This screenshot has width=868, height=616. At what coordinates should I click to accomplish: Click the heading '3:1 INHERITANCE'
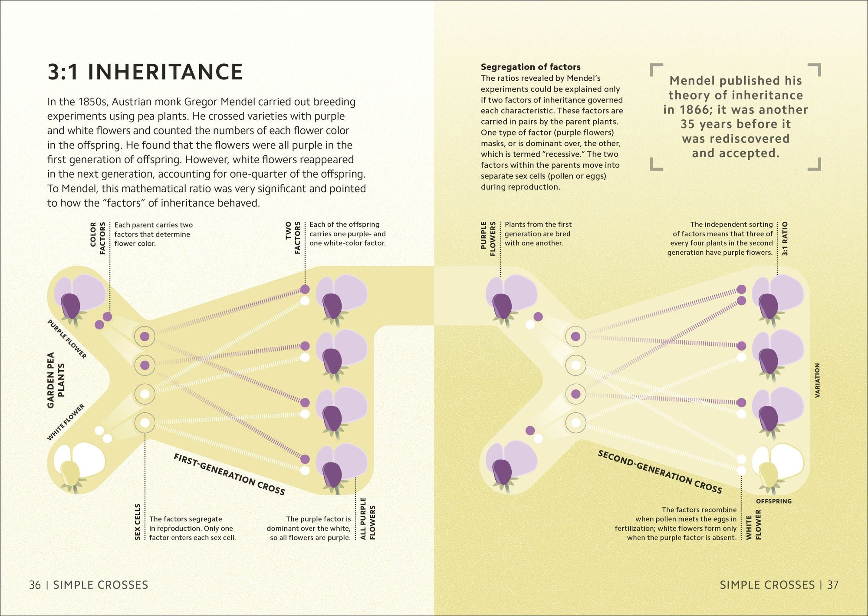click(x=145, y=72)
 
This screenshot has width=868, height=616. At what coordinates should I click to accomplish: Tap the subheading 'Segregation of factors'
click(x=530, y=67)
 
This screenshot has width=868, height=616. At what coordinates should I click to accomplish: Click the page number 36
click(x=35, y=585)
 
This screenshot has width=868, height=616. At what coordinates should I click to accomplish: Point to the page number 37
click(x=832, y=585)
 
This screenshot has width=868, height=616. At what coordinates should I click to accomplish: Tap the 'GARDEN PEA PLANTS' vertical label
click(x=56, y=380)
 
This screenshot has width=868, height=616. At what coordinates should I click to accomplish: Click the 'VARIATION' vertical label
click(x=817, y=380)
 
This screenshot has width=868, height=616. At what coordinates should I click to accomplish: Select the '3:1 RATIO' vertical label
click(x=785, y=238)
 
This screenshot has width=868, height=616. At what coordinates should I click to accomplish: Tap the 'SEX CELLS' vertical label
click(x=138, y=521)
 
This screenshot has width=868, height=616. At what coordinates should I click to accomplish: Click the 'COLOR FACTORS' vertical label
click(x=98, y=238)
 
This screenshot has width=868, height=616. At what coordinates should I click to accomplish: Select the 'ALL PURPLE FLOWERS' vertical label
click(x=368, y=518)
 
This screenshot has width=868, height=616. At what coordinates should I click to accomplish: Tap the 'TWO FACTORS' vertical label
click(x=293, y=237)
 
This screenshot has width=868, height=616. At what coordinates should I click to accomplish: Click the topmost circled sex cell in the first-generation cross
click(x=145, y=336)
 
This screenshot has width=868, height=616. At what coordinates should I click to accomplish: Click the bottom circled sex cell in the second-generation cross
click(x=575, y=422)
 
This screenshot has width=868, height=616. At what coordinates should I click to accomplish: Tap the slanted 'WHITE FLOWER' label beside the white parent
click(x=66, y=422)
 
